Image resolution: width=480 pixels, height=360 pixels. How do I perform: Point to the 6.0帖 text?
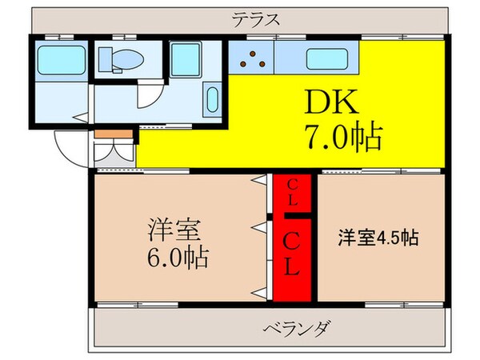(178, 258)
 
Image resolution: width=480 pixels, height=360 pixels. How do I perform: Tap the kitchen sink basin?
(327, 58)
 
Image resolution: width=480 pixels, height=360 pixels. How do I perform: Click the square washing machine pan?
(190, 60)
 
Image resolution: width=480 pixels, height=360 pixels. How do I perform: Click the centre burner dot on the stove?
(254, 58)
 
